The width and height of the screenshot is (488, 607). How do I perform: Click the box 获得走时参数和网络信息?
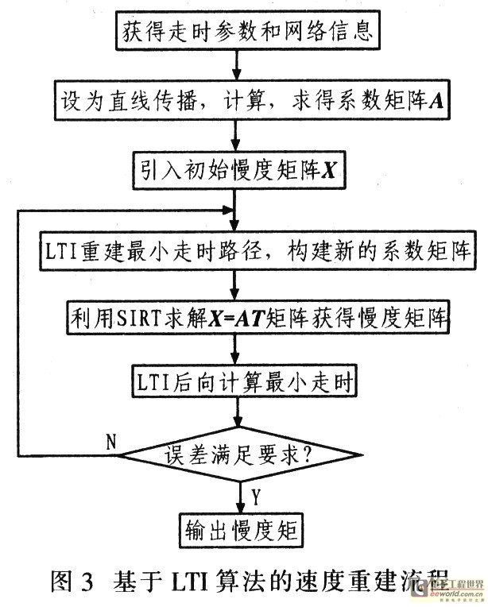pyautogui.click(x=236, y=33)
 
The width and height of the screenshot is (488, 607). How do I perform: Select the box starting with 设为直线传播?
pyautogui.click(x=236, y=102)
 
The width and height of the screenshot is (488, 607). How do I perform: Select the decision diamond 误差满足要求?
pyautogui.click(x=238, y=455)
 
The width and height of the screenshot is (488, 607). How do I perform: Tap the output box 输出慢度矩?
pyautogui.click(x=238, y=529)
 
